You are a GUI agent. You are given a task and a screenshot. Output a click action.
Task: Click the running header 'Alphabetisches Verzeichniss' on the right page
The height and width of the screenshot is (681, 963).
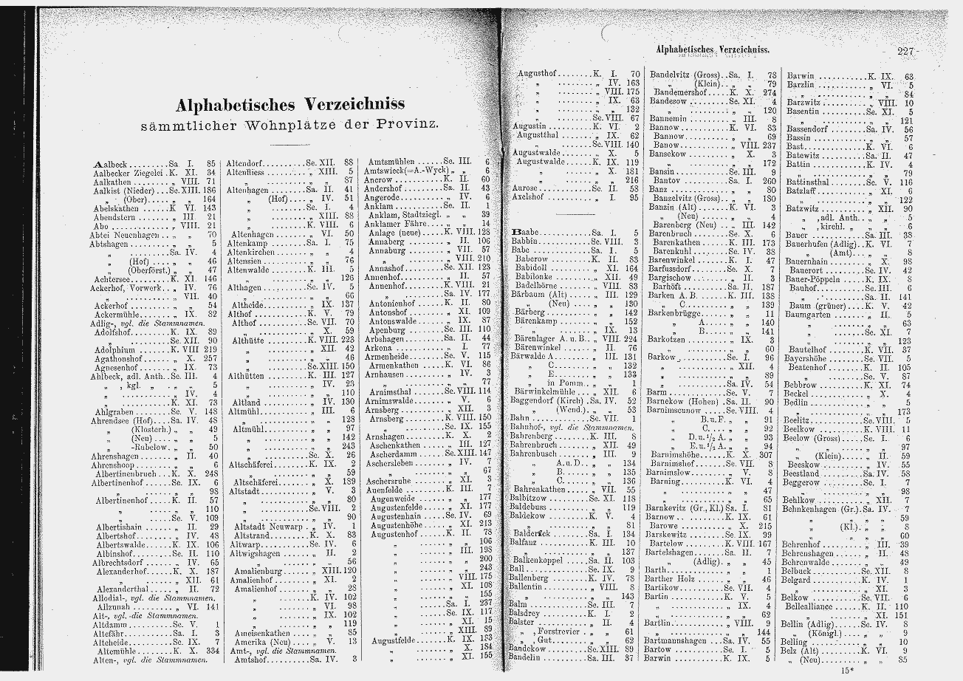(712, 49)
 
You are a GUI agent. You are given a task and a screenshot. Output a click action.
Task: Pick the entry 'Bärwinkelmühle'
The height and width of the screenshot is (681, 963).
(544, 391)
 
